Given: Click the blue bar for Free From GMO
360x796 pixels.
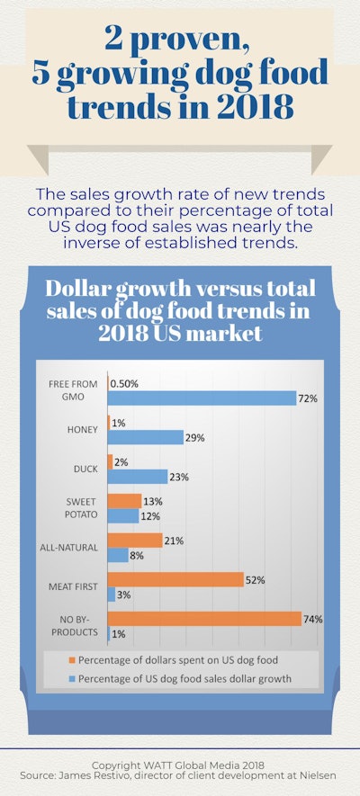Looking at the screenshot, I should coord(202,398).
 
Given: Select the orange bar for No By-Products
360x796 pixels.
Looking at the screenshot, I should coord(204,619).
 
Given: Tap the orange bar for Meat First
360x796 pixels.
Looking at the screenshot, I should coord(175,579).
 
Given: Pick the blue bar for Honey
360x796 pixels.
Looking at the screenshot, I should coord(145,438).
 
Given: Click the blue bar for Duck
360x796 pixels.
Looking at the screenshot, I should coord(138,477).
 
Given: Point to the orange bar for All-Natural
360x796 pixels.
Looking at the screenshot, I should coord(135,540).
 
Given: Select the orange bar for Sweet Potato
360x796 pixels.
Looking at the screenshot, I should coord(124,500).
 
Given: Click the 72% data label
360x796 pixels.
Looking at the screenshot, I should coord(309,398).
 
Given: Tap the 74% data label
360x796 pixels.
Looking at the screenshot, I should coord(313,619).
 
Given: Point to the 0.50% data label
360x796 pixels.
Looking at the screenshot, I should coord(127,383).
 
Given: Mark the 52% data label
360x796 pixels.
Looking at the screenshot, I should coord(256,580).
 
